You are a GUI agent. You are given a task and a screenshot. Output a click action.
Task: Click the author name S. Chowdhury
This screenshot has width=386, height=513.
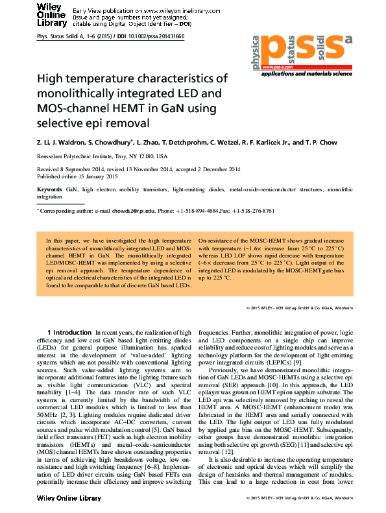point(112,142)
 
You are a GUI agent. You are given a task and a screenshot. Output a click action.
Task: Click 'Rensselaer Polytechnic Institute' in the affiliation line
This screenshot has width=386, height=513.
point(80,156)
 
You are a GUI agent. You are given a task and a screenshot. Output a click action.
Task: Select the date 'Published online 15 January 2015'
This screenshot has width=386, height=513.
point(77,176)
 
